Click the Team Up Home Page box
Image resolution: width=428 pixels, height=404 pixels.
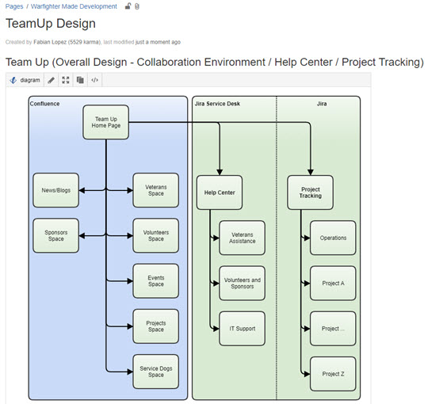tap(106, 122)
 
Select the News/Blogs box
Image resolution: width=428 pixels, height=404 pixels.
tap(56, 190)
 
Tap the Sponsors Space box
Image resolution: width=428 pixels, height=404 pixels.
tap(56, 236)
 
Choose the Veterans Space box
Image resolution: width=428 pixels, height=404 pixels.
tap(156, 190)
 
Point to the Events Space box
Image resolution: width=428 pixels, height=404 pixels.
tap(156, 281)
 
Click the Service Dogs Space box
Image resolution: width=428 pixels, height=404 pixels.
tap(156, 372)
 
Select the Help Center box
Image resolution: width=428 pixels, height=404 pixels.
tap(220, 192)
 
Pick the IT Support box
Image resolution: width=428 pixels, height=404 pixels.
tap(242, 329)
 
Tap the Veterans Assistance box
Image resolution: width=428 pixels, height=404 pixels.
tap(242, 238)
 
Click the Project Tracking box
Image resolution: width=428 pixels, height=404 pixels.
tap(311, 192)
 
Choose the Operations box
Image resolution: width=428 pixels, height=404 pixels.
tap(333, 238)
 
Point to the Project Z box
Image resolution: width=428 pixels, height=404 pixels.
tap(333, 374)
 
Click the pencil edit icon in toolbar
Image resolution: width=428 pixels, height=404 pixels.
tap(51, 80)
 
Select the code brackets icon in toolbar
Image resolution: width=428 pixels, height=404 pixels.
tap(95, 80)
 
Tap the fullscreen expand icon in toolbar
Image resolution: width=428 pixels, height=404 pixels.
tap(66, 80)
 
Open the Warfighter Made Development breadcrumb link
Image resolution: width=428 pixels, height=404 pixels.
tap(74, 6)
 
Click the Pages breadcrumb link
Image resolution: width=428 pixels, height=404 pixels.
tap(14, 6)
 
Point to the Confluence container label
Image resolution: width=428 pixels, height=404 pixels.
tap(44, 104)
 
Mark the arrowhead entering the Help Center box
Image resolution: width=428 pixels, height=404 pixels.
tap(220, 173)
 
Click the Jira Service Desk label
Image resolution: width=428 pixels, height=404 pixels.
tap(217, 104)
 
